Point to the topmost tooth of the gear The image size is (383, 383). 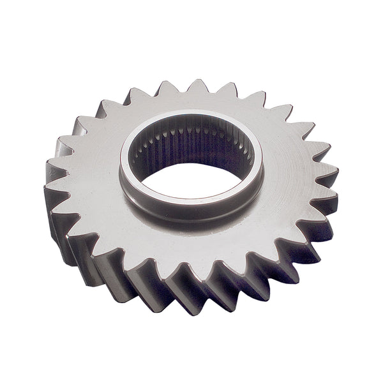197,87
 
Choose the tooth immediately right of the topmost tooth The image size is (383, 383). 226,91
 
